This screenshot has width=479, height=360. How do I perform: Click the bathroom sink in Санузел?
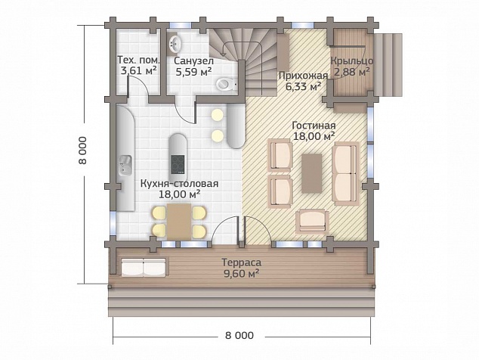click(175, 43)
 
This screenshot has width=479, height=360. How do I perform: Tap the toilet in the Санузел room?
click(227, 84)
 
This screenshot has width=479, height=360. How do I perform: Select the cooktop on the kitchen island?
click(178, 164)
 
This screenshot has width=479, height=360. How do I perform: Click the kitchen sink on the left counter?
click(125, 166)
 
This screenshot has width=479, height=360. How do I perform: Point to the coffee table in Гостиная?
click(311, 173)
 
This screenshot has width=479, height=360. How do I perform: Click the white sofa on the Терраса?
click(144, 267)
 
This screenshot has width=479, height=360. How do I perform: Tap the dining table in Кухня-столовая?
click(179, 222)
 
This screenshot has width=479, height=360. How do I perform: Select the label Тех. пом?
click(138, 60)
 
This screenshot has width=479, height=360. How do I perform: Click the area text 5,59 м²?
click(193, 72)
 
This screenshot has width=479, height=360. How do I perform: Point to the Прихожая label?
click(303, 76)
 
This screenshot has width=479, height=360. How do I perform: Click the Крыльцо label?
click(352, 61)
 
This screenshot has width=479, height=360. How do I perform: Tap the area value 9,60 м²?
click(242, 274)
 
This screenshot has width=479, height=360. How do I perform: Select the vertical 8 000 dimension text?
click(83, 151)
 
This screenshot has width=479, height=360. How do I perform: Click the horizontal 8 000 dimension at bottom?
click(239, 336)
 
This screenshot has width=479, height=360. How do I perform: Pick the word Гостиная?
click(314, 126)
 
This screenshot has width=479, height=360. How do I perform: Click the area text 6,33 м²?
click(303, 86)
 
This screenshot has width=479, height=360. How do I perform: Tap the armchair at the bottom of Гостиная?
click(312, 221)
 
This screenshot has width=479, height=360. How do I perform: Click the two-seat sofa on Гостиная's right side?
click(346, 173)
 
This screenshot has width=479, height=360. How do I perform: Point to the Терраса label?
click(242, 262)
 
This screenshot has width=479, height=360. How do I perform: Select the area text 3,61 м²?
click(139, 70)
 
